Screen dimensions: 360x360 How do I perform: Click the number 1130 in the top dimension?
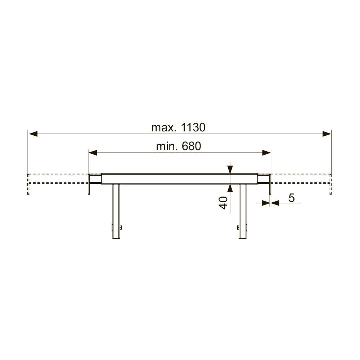[x=193, y=127]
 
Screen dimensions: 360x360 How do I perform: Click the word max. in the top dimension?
[x=164, y=128]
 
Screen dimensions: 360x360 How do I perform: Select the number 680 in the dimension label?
[x=191, y=146]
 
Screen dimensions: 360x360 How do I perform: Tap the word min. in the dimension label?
[x=167, y=146]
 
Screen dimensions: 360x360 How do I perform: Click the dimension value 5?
[x=291, y=198]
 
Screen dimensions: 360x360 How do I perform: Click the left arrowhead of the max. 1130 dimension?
[x=33, y=134]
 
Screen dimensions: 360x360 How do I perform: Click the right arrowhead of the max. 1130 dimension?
[x=327, y=134]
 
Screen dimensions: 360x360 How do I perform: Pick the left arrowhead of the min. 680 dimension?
[x=93, y=153]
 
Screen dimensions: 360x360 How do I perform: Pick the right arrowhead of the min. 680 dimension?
[x=266, y=153]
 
